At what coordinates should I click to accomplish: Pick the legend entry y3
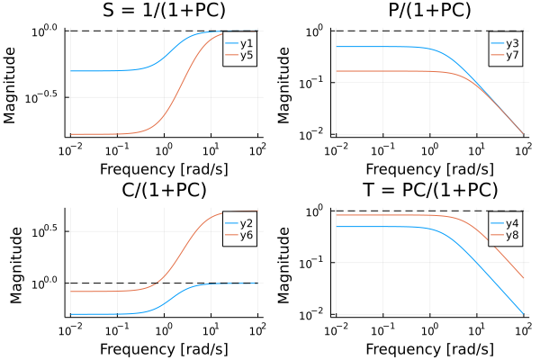point(509,42)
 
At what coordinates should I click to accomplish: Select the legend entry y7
point(509,56)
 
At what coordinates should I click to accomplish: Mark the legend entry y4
point(509,222)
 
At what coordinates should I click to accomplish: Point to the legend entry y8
point(509,236)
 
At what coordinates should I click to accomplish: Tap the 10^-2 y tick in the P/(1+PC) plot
point(314,135)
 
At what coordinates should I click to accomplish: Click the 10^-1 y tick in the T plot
point(314,263)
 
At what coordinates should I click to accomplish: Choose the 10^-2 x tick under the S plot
point(70,148)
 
